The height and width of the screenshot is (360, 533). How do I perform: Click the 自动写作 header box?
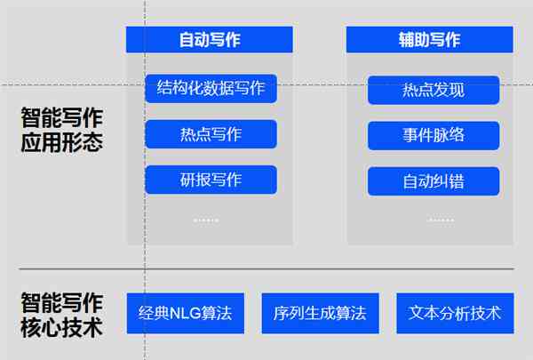click(209, 39)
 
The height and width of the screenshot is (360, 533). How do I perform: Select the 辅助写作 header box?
click(430, 39)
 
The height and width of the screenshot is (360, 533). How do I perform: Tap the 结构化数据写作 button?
click(211, 89)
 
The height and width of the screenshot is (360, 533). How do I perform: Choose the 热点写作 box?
click(211, 134)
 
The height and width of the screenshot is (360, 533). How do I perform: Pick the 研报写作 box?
click(211, 180)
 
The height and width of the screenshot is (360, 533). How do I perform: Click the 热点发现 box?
click(434, 90)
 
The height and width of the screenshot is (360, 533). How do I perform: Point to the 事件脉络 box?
click(434, 135)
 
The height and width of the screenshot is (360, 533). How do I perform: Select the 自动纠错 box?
click(434, 181)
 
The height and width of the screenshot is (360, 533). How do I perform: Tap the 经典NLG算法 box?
click(186, 313)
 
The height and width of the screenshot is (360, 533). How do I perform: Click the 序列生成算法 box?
click(320, 313)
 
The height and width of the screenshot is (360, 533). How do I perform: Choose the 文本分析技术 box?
click(455, 313)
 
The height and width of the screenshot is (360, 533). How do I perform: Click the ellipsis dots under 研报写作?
click(206, 220)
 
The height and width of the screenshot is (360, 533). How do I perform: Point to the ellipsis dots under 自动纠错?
click(441, 220)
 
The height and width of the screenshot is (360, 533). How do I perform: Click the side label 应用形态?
click(62, 142)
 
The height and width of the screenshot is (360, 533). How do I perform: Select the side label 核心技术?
click(62, 327)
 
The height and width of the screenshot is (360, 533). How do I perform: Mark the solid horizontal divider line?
click(266, 268)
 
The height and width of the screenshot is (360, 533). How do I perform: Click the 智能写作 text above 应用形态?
click(62, 117)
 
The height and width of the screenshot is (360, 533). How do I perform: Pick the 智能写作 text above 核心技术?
click(62, 302)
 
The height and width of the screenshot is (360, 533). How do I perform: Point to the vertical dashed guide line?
click(145, 180)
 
